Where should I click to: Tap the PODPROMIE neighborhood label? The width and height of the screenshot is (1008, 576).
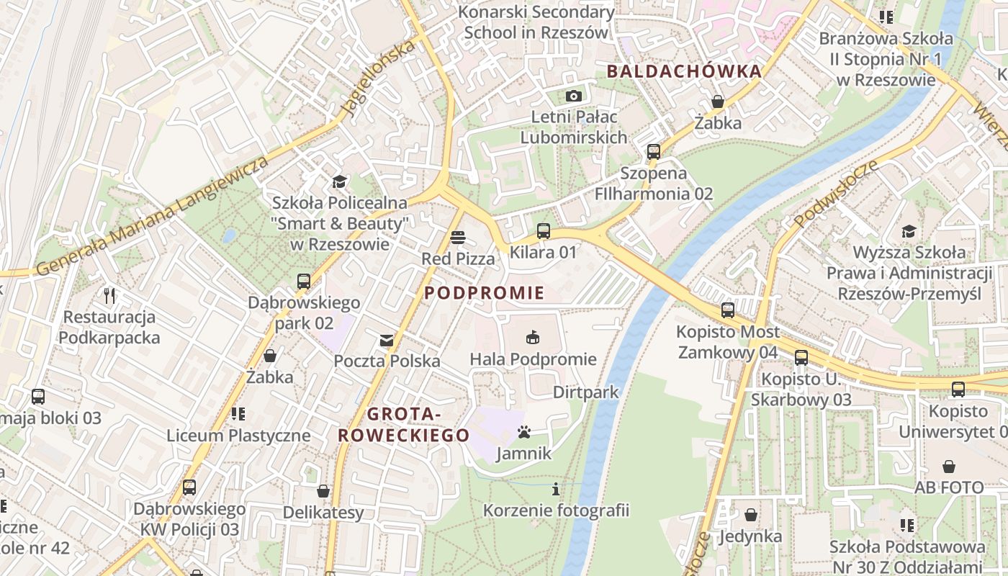(484, 293)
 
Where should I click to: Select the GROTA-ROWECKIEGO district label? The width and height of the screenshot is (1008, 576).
(404, 425)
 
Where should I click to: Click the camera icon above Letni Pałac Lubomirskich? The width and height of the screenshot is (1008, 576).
(573, 96)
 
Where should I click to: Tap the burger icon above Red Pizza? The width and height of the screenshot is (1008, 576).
(458, 237)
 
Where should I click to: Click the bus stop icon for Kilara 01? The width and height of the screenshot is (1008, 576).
(544, 231)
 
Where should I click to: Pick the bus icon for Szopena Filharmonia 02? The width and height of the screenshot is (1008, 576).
(654, 152)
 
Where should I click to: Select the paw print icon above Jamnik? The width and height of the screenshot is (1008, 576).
(524, 432)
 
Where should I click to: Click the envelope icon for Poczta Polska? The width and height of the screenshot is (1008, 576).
(387, 340)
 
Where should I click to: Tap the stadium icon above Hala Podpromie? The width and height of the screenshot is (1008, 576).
(533, 337)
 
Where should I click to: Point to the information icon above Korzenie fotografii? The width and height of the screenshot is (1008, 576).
(555, 490)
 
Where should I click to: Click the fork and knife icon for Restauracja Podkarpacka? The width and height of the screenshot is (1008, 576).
(109, 295)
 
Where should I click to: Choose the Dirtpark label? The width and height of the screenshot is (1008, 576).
(585, 392)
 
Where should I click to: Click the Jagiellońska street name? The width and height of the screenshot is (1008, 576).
(379, 78)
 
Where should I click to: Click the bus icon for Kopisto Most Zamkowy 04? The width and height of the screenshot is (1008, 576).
(728, 310)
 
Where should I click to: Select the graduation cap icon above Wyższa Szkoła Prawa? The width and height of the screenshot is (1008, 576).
(909, 231)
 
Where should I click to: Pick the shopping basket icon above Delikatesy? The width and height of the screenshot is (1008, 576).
(323, 491)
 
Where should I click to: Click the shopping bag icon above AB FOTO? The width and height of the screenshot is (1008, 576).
(949, 467)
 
